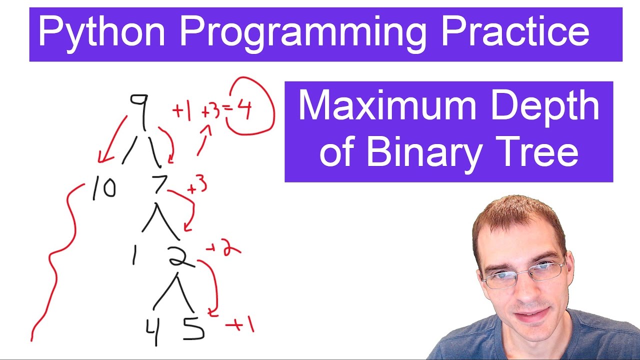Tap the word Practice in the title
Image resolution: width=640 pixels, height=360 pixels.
pos(515,32)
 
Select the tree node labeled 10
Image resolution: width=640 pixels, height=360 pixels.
pos(104,189)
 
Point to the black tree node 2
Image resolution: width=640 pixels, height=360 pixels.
pos(179,256)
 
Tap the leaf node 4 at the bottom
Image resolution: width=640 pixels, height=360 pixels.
pos(152,330)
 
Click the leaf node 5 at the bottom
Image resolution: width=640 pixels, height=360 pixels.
pos(193,328)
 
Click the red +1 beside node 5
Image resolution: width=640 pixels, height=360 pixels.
pos(240,326)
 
